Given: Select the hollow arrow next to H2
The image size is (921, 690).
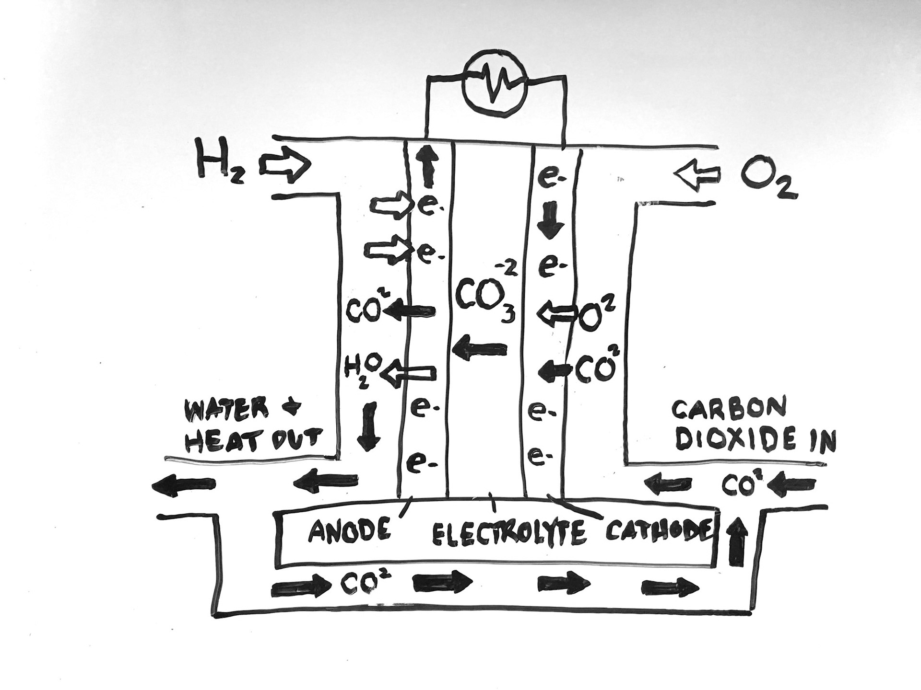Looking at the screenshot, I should [x=285, y=167].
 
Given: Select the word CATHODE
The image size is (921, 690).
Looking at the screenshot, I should [x=658, y=530].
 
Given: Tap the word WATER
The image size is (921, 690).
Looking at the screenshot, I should [x=225, y=410].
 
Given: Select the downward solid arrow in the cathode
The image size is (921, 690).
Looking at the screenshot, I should [x=549, y=220].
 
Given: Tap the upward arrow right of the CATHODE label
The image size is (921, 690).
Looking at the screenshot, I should [x=737, y=543].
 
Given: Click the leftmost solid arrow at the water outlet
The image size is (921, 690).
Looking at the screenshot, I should [x=183, y=486].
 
